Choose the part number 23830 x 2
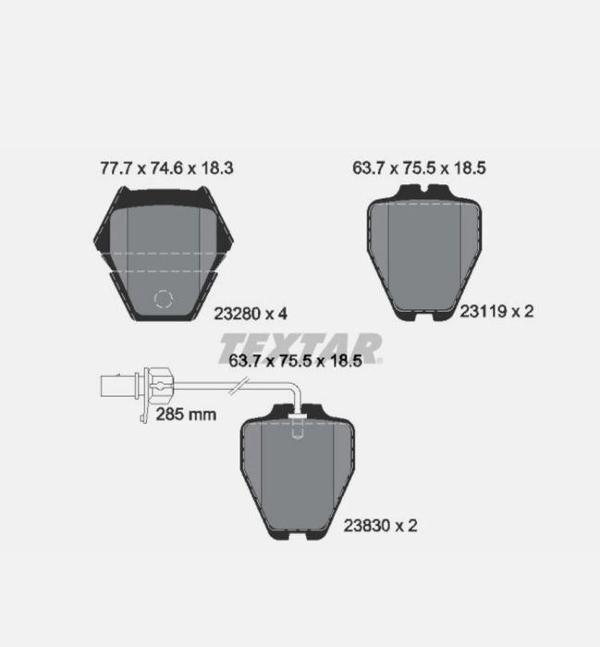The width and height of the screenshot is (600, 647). (381, 526)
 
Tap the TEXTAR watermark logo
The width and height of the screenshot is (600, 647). (301, 347)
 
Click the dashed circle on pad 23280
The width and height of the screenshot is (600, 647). (165, 302)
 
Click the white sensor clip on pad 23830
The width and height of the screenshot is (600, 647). (297, 428)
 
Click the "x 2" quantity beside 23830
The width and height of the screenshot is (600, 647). (407, 526)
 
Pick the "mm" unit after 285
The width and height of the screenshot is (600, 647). (202, 414)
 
